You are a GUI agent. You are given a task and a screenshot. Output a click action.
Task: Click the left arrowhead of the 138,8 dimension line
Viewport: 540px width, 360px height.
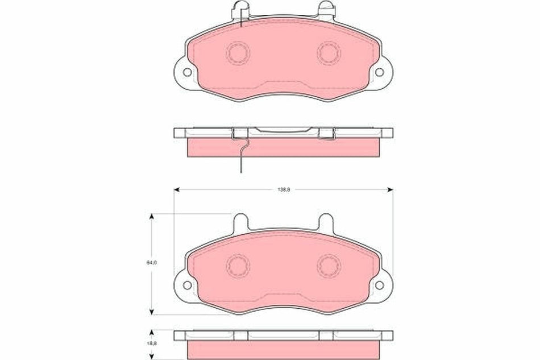[177, 189]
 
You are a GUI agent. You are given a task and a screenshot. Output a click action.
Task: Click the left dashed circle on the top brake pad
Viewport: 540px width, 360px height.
[238, 53]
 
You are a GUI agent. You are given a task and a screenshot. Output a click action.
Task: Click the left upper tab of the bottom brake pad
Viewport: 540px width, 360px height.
[240, 222]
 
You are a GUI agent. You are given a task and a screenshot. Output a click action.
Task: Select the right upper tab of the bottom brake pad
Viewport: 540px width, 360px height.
[326, 222]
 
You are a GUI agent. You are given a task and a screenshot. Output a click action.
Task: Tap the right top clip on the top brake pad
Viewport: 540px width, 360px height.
[326, 10]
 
